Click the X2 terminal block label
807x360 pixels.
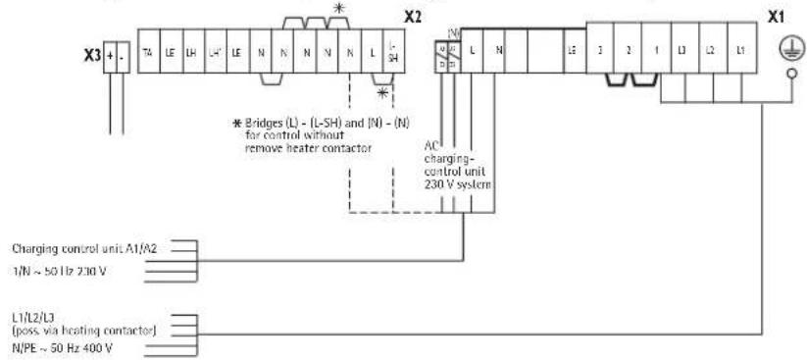coord(414,18)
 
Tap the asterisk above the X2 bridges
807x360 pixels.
coord(340,8)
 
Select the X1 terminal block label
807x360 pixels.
coord(776,18)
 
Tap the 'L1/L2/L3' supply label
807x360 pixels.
coord(32,318)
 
